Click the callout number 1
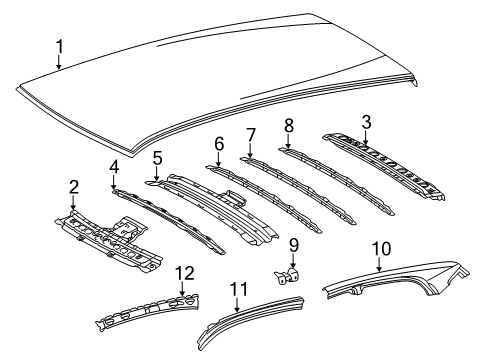(59, 45)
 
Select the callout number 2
(73, 186)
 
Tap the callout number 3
(367, 122)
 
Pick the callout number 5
(157, 157)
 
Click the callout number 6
(218, 144)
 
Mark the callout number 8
(288, 126)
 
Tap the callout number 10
(380, 247)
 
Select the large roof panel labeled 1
(220, 80)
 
